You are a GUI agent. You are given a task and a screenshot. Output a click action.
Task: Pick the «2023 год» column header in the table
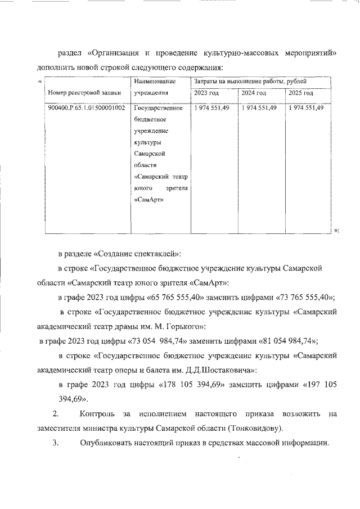(206, 93)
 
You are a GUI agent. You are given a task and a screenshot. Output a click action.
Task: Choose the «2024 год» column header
(253, 93)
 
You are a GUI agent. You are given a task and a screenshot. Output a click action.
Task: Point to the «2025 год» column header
(301, 93)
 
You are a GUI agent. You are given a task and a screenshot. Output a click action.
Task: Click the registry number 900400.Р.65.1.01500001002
(87, 108)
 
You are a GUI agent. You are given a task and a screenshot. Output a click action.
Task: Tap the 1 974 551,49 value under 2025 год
(305, 108)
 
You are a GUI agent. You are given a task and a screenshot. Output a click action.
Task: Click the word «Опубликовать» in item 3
(106, 443)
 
